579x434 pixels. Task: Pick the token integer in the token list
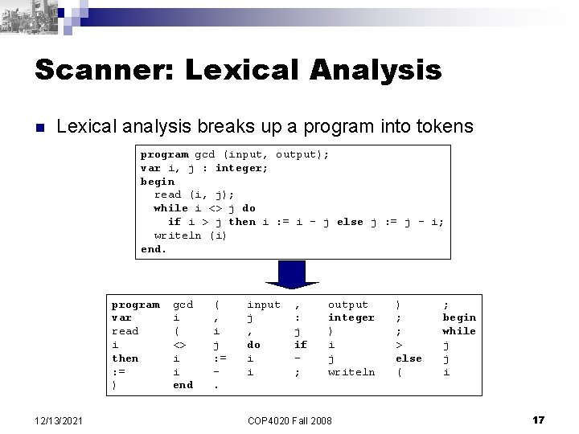point(351,317)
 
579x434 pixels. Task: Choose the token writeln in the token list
point(351,371)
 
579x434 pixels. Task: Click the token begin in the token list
point(459,317)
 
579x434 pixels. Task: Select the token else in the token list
point(409,358)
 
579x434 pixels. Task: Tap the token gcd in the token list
point(183,304)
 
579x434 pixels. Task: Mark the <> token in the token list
point(180,344)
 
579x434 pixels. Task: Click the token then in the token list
point(125,358)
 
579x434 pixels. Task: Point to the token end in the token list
point(183,384)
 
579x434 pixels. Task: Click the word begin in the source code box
point(158,181)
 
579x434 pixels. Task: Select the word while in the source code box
point(170,208)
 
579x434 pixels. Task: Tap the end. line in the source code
point(154,248)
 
